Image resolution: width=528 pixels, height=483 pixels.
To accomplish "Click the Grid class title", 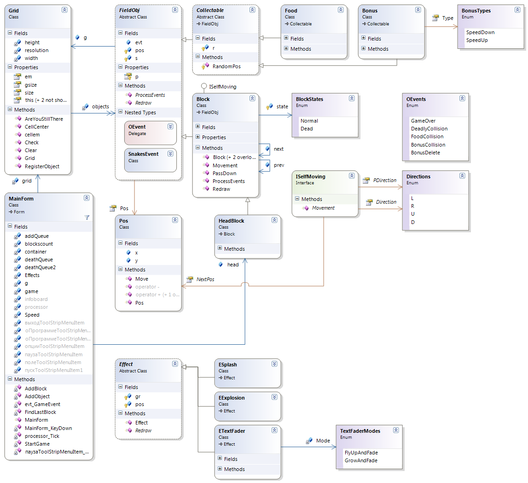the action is (14, 11).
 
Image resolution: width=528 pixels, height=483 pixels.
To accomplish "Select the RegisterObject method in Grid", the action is (42, 166).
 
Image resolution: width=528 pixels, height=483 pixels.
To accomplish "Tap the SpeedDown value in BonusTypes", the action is (480, 32).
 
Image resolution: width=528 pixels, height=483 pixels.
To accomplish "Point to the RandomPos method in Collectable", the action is (226, 66).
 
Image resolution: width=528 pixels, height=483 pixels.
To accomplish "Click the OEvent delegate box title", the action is (137, 127).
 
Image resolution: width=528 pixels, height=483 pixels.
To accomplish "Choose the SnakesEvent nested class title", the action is (143, 154).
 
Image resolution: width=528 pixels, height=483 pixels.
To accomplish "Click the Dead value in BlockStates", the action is (307, 129).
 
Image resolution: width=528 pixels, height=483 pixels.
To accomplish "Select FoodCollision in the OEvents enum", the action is (427, 136).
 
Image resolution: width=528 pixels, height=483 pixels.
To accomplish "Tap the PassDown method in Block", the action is (224, 173).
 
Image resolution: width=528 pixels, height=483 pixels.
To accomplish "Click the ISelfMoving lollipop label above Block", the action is (223, 87).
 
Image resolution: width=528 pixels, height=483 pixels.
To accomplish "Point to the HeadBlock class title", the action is (232, 221).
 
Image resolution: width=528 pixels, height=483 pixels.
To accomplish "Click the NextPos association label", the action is (205, 279).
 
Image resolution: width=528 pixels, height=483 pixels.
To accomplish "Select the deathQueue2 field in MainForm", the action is (40, 267).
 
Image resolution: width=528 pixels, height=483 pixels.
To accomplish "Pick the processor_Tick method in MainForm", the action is (42, 436).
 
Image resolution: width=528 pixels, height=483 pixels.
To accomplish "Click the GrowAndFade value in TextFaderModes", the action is (360, 460).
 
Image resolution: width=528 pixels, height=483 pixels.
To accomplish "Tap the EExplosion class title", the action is (232, 398).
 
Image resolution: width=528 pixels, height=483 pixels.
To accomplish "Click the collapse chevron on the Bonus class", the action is (418, 10).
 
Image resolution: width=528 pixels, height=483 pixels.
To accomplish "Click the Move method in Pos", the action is (141, 279).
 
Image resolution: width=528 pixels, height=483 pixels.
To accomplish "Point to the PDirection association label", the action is (384, 180).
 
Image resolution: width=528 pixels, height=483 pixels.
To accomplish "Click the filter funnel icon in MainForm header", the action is (87, 218).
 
